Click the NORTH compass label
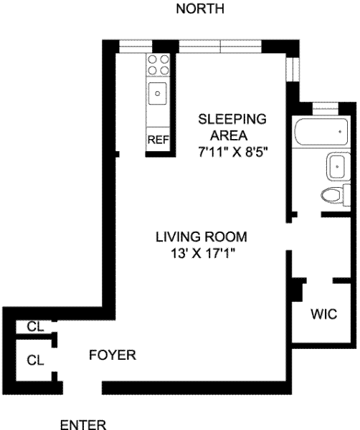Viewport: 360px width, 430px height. coord(200,9)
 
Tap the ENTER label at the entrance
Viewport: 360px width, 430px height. coord(83,424)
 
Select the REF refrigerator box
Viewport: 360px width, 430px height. coord(158,139)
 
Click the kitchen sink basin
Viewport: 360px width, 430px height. coord(158,93)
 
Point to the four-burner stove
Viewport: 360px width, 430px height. coord(158,64)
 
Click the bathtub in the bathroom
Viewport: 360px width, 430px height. coord(321,132)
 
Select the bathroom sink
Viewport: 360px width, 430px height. coord(338,166)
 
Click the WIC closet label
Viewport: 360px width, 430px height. coord(323,314)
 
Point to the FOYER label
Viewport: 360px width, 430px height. coord(113,355)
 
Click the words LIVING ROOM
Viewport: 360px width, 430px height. coord(202,236)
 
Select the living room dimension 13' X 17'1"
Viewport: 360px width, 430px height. coord(204,253)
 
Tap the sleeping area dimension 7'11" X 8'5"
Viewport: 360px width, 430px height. coord(232,152)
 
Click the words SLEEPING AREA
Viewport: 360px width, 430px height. coord(232,128)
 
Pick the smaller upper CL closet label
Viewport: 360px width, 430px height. coord(35,327)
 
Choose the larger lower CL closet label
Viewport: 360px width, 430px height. coord(35,360)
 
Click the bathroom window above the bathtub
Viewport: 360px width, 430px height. coord(326,109)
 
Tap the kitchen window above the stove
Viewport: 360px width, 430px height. coord(136,47)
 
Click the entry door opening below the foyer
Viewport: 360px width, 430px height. coord(82,388)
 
